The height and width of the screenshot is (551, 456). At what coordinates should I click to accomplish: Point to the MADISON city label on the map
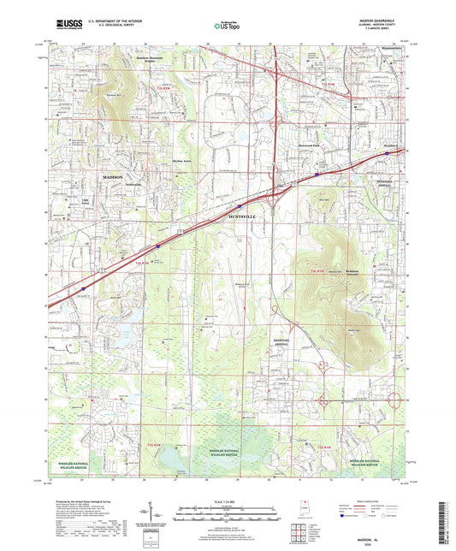tap(112, 176)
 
